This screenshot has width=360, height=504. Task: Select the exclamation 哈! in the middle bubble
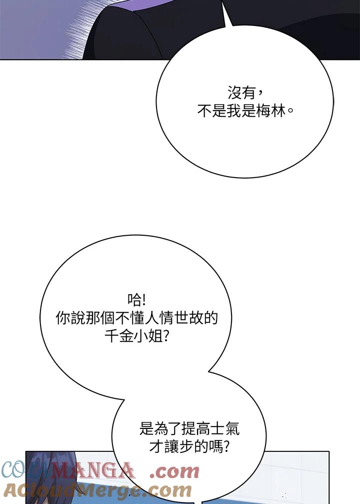[136, 300]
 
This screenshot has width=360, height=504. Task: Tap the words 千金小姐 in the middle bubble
[133, 336]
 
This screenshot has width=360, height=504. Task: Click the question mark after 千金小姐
[166, 336]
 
